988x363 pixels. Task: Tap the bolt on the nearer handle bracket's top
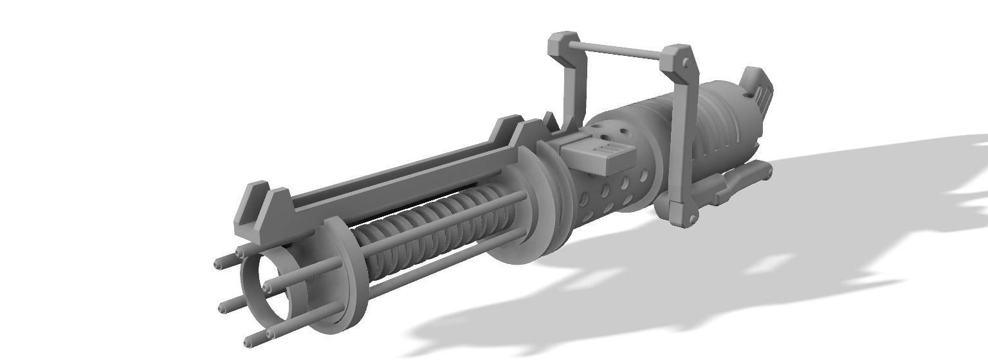point(686,63)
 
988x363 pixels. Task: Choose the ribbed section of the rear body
point(714,135)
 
